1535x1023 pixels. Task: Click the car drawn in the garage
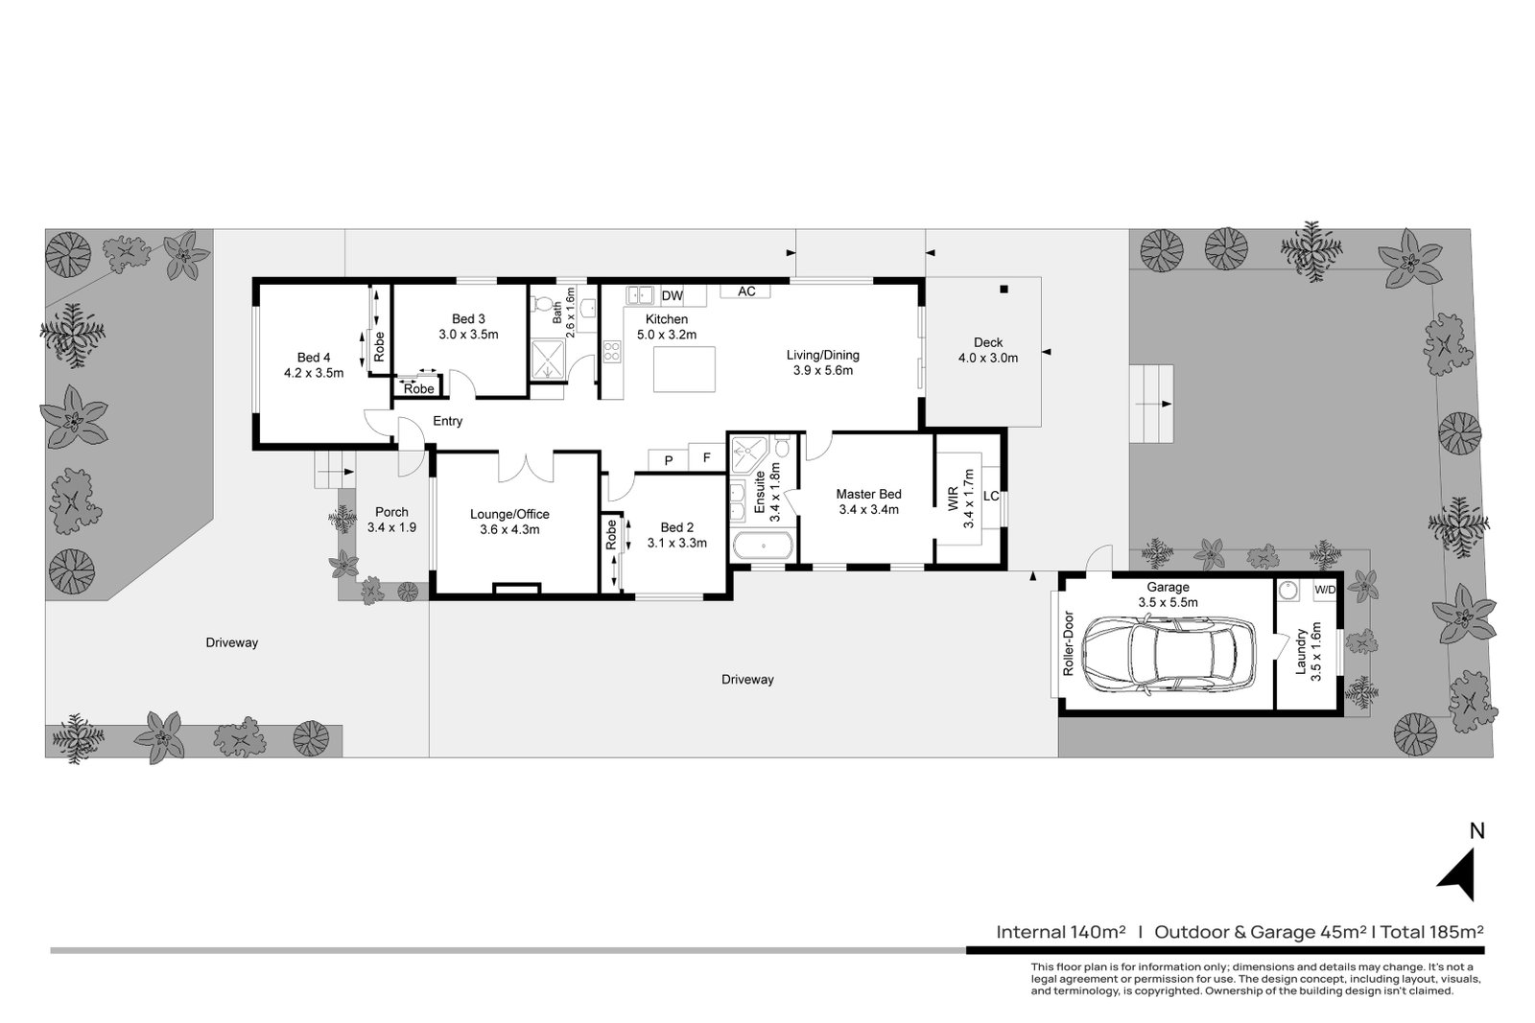(x=1168, y=654)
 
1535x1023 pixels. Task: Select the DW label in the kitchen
(x=672, y=295)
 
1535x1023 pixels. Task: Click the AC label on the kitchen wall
(x=745, y=291)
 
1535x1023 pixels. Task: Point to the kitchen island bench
(x=685, y=369)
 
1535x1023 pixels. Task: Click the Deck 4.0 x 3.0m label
(x=987, y=350)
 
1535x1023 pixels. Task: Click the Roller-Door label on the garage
(x=1067, y=643)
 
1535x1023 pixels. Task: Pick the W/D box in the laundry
(x=1324, y=590)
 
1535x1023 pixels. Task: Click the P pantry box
(x=669, y=460)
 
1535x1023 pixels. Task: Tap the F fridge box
(x=707, y=458)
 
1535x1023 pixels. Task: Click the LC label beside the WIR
(x=991, y=497)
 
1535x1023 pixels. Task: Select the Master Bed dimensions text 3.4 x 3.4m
(x=868, y=510)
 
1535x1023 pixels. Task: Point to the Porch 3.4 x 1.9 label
(x=391, y=520)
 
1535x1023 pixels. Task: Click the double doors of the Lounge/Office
(x=525, y=467)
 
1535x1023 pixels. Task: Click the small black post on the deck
(x=1004, y=290)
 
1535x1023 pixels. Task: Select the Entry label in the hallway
(x=447, y=421)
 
